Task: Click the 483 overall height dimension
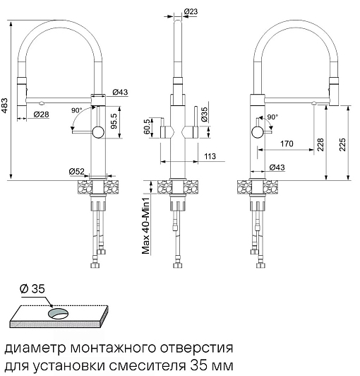(4, 105)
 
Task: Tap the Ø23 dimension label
(191, 11)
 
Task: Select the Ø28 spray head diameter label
(42, 114)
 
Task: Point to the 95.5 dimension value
(114, 121)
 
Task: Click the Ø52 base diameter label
(77, 171)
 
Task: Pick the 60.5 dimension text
(148, 127)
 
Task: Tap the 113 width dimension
(210, 156)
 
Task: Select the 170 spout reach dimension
(287, 143)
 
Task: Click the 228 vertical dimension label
(320, 144)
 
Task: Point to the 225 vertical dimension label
(342, 144)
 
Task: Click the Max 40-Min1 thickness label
(145, 226)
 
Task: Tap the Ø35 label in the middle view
(204, 114)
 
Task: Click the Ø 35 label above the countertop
(32, 288)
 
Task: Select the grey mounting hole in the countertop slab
(59, 314)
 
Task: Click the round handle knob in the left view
(98, 132)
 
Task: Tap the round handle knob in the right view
(258, 132)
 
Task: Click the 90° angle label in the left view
(77, 110)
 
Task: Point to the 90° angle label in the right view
(272, 117)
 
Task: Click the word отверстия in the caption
(196, 348)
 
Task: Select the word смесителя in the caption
(148, 366)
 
